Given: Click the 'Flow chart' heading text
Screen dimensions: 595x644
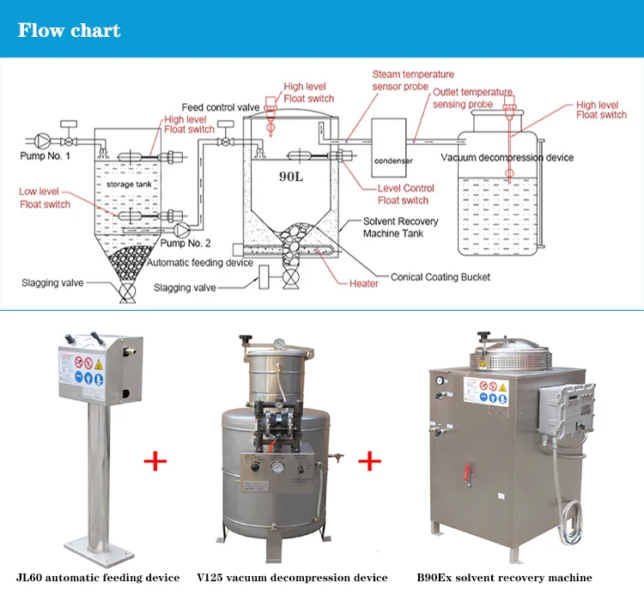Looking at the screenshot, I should (70, 32).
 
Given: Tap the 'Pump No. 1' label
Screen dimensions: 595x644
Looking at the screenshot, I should (46, 155).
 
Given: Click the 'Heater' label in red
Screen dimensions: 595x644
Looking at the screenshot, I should (363, 284).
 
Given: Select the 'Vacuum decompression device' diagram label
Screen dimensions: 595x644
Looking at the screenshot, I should (507, 157).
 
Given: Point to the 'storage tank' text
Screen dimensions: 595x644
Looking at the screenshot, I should (127, 185).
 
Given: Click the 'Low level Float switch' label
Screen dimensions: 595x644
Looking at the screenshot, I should (46, 198).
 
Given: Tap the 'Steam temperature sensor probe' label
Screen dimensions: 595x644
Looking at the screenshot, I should (413, 81).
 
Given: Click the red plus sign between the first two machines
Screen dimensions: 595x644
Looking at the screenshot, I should (155, 461).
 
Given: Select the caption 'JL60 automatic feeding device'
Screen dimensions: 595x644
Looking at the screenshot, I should (97, 578).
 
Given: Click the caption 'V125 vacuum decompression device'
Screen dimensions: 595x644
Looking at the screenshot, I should (292, 578).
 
